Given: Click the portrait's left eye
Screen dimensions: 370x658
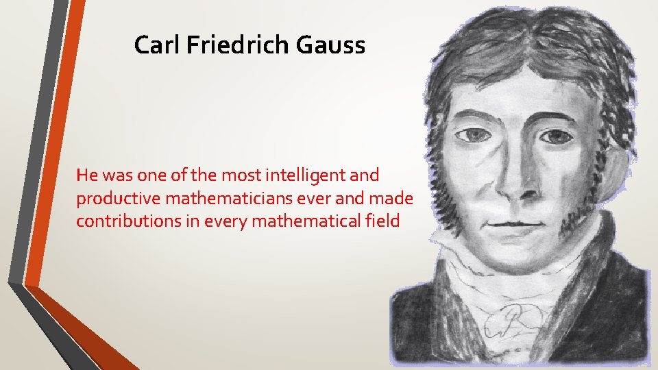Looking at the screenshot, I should click(x=472, y=134).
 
